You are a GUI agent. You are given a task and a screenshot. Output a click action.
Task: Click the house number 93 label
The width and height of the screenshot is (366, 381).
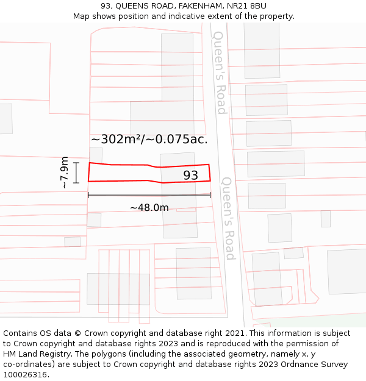click(191, 176)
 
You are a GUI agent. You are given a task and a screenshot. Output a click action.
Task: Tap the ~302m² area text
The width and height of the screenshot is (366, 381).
click(116, 139)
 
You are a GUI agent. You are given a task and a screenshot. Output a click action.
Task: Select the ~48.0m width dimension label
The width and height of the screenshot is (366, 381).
click(149, 208)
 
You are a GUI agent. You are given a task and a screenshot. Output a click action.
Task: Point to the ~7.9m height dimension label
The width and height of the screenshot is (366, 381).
click(64, 172)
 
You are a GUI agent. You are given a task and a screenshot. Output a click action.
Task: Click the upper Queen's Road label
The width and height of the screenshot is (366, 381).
click(220, 73)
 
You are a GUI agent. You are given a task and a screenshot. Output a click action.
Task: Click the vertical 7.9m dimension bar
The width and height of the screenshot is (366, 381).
click(76, 173)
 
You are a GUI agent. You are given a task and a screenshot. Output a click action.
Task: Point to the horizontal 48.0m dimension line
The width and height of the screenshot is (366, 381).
click(149, 195)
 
